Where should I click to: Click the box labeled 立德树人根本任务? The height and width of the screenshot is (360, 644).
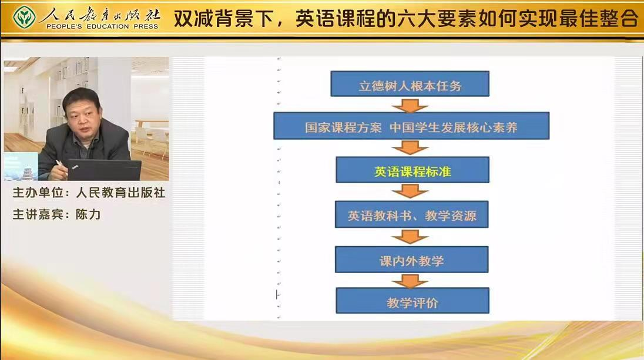(410, 84)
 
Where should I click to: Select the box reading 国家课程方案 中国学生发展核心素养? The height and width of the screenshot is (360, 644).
(411, 126)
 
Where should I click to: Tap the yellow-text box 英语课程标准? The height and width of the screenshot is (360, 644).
(412, 170)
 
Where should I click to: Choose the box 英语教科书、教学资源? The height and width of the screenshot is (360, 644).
(411, 214)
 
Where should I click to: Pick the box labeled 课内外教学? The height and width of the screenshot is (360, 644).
(411, 260)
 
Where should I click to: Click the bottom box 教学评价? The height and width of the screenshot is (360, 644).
(412, 301)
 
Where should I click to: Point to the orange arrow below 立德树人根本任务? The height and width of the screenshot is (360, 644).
(410, 105)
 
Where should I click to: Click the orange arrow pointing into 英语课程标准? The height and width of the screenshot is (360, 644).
(410, 148)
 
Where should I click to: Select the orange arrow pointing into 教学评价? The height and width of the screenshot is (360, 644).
(410, 281)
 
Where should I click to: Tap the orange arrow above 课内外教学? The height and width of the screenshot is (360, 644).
(410, 237)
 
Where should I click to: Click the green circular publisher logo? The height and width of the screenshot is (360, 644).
(24, 17)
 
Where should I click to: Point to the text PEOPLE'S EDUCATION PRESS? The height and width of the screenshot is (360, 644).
(102, 26)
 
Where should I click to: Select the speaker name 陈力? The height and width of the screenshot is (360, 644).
(88, 214)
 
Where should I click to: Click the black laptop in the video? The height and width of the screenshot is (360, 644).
(105, 170)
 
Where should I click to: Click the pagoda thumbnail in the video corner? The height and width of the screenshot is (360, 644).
(21, 167)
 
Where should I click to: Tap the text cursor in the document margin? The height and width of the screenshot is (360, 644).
(278, 294)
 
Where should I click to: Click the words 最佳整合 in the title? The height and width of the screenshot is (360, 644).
(597, 18)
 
